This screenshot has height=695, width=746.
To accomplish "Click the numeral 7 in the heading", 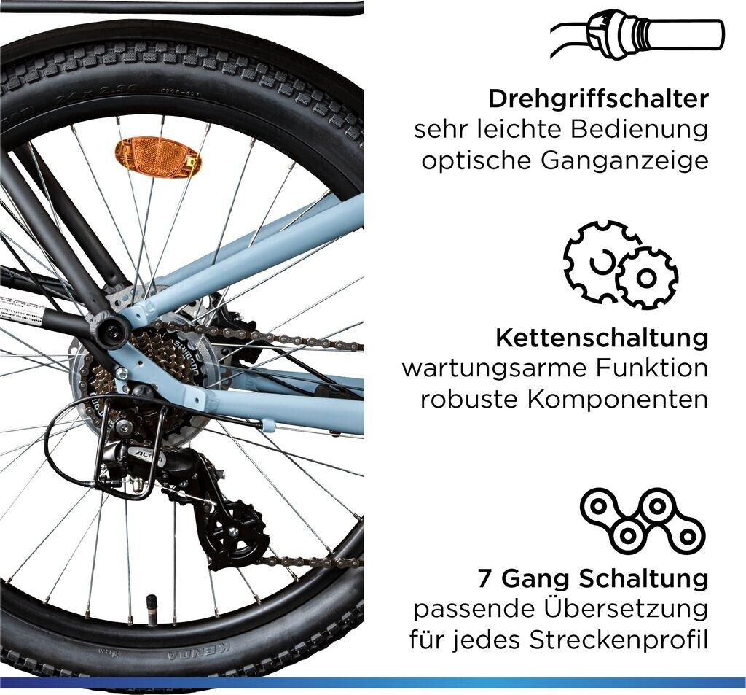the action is click(x=484, y=579).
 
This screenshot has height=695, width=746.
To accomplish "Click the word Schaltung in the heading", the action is click(x=644, y=579).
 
